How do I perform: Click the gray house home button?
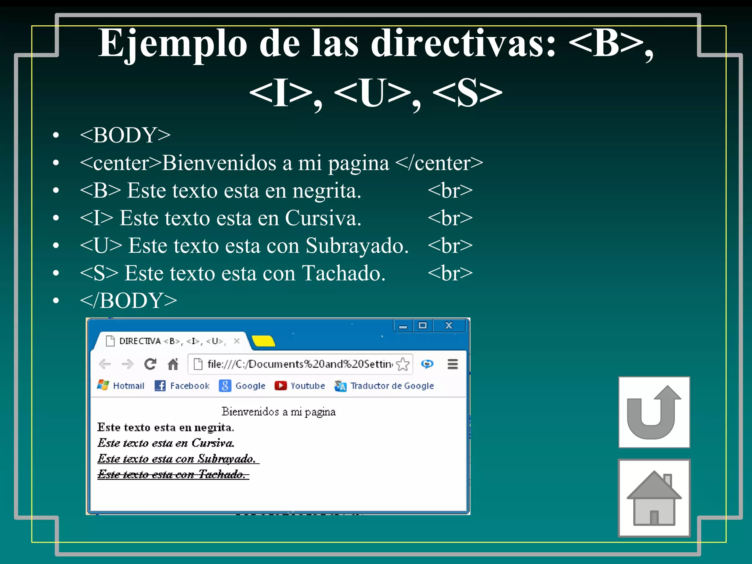point(654,498)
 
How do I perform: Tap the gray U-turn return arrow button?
point(654,412)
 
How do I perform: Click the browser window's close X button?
point(449,325)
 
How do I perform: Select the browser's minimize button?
point(403,326)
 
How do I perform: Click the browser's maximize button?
point(423,325)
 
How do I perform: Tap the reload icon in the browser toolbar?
point(150,364)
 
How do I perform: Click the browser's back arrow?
point(105,364)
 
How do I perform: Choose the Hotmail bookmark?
point(121,386)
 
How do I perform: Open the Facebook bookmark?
point(182,386)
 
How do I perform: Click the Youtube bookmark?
point(300,386)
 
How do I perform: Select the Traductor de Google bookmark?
point(384,386)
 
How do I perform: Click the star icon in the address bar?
point(403,364)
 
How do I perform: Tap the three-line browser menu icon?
point(453,364)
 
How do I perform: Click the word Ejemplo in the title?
point(173,44)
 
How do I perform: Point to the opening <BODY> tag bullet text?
point(125,135)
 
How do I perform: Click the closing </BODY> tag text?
point(129,301)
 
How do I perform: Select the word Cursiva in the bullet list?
point(323,218)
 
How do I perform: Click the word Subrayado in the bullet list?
point(357,246)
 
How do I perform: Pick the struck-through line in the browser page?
point(173,474)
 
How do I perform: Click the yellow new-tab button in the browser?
point(263,341)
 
